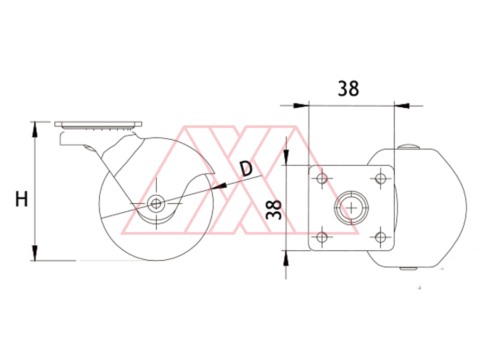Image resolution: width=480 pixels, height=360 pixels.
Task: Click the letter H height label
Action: (x=22, y=199)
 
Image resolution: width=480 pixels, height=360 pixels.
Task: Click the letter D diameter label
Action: (x=246, y=169)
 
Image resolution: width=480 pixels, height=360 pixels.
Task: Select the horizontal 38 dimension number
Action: (x=348, y=89)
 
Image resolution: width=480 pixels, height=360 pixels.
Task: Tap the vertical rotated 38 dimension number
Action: (x=274, y=210)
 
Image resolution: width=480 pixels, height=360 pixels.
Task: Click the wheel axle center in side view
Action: (x=156, y=203)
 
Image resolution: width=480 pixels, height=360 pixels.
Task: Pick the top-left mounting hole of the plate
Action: (x=322, y=178)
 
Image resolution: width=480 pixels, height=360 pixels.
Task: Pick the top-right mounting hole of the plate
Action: (x=380, y=178)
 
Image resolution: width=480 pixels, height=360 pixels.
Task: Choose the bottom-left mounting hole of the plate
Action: (x=322, y=237)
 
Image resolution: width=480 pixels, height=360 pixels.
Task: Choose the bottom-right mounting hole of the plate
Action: (x=380, y=237)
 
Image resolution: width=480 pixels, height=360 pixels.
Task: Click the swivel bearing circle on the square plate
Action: (x=351, y=208)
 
